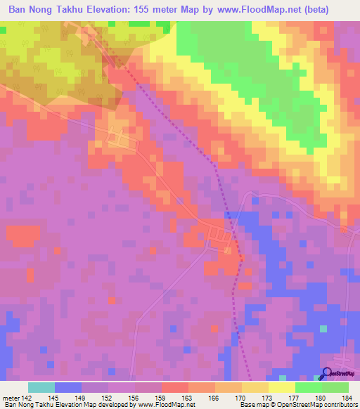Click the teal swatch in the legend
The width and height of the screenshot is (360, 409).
coord(41,387)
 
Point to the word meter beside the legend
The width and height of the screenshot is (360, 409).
coord(11,398)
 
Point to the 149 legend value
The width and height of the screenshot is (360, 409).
coord(82,398)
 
